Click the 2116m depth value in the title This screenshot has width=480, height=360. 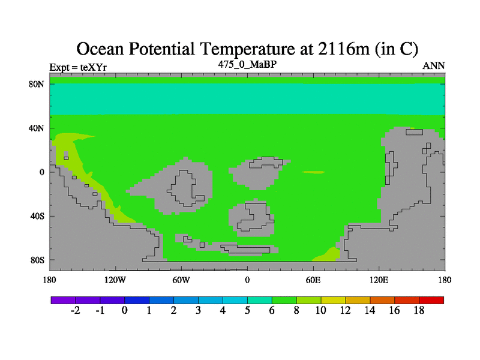coord(344,49)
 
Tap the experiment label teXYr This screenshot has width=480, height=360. coord(94,67)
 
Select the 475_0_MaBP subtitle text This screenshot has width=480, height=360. coord(247,64)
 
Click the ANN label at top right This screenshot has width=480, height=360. coord(433,66)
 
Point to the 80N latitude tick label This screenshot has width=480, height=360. coord(37,84)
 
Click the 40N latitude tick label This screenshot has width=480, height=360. coord(37,128)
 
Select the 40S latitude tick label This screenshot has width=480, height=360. coord(37,216)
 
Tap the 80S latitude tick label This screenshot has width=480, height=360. coord(37,260)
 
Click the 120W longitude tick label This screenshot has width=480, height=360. coord(115,280)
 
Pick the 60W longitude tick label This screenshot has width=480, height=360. coord(181,280)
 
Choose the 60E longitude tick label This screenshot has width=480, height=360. coord(313,280)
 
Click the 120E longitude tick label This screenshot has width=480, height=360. coord(379,280)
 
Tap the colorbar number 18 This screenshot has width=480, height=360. coord(419,310)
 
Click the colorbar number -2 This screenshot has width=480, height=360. coord(76,310)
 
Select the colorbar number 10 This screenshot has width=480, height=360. coord(320,310)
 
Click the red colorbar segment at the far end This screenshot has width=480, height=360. coord(431,300)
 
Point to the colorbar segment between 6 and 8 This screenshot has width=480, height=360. coord(284,300)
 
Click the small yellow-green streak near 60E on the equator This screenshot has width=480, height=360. coord(313,172)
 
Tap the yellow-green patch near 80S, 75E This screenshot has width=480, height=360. coord(329,256)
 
